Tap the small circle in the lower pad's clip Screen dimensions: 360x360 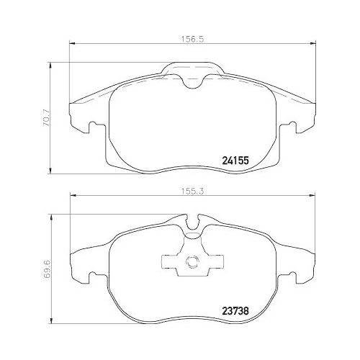click(192, 263)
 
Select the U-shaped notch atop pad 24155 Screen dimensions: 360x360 click(192, 80)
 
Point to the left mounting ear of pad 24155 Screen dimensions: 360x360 click(81, 123)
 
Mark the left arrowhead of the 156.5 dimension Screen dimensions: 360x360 click(71, 47)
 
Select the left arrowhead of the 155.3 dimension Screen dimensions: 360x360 click(71, 199)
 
